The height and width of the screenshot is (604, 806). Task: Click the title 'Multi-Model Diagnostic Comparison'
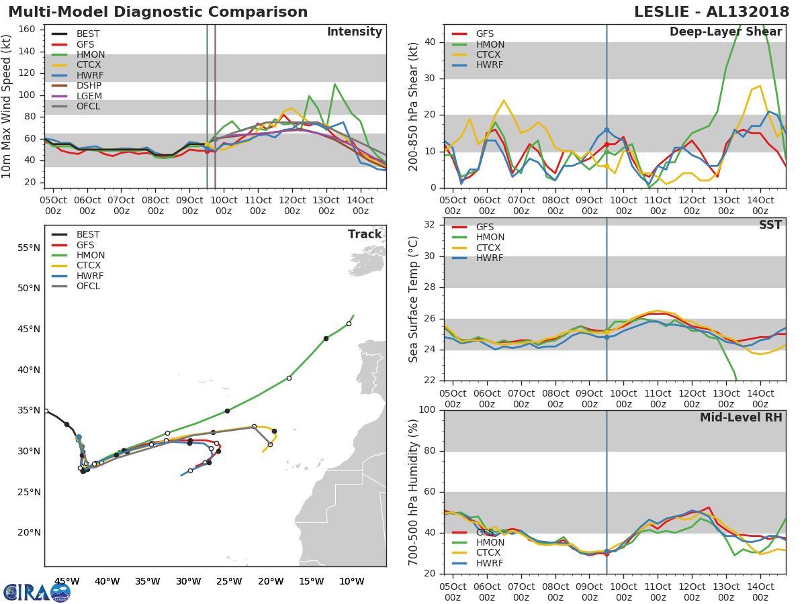[158, 12]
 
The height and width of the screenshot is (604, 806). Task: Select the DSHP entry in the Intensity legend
[89, 86]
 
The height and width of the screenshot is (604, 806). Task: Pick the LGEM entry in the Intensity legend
[89, 96]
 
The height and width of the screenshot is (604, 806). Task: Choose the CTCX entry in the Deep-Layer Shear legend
[490, 54]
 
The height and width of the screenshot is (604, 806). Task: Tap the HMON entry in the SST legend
[490, 238]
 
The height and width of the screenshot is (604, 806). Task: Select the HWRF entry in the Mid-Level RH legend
[490, 563]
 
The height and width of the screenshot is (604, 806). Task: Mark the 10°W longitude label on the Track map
[351, 581]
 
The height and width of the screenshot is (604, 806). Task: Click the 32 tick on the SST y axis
[430, 225]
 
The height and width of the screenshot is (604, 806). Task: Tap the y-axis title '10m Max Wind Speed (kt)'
[7, 107]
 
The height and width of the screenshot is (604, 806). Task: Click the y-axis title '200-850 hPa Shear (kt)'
[414, 106]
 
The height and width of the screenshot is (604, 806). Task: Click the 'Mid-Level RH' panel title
[740, 417]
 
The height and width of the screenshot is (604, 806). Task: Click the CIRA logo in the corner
[36, 593]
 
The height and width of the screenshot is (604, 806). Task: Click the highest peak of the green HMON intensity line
[334, 85]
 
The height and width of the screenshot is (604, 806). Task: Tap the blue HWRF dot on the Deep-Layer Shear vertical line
[607, 130]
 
